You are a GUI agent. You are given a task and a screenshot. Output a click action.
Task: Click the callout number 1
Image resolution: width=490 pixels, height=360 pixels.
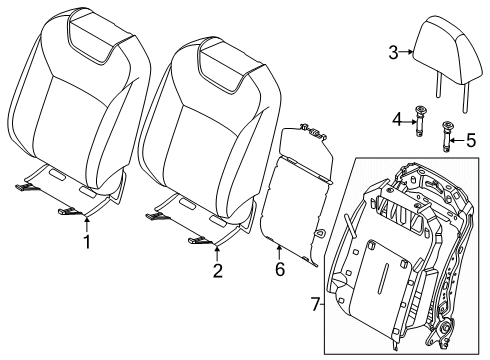[x=87, y=242]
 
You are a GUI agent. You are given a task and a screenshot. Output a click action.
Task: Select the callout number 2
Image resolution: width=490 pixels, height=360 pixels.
[x=217, y=271]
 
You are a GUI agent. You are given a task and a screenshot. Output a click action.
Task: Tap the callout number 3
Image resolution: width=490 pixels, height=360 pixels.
[x=393, y=52]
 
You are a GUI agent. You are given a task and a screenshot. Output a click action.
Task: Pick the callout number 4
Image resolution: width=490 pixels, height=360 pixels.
[x=397, y=120]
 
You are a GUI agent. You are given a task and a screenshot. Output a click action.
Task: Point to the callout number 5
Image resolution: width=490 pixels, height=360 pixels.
[x=471, y=140]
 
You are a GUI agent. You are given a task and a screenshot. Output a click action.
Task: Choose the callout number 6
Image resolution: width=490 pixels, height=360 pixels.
[x=280, y=269]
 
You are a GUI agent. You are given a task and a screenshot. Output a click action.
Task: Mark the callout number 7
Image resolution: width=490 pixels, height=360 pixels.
[x=315, y=304]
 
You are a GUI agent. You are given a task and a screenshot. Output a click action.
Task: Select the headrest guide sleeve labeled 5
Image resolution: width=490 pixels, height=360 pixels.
[x=446, y=137]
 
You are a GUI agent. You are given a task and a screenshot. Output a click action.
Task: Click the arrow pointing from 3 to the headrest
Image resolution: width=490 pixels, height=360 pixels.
[x=406, y=52]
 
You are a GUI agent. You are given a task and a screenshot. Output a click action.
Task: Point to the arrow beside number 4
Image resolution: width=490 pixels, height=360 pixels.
[x=410, y=122]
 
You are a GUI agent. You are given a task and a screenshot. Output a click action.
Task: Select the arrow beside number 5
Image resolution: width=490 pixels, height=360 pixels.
[x=457, y=140]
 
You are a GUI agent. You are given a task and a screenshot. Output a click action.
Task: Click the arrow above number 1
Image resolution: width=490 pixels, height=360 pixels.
[x=87, y=224]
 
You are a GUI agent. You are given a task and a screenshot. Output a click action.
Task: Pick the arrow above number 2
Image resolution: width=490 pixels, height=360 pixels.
[x=217, y=253]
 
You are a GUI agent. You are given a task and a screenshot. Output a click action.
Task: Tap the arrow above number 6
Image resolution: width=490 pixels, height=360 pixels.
[x=279, y=252]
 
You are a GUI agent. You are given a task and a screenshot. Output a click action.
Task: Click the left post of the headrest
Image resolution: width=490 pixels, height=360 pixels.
[x=438, y=85]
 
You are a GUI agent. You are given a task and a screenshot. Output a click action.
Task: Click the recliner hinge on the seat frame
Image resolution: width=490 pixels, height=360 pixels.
[x=445, y=328]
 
